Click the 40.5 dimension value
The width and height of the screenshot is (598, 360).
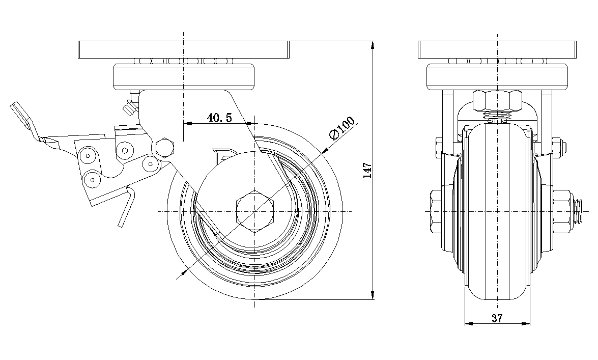[219, 118]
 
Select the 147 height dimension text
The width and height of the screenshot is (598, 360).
[367, 170]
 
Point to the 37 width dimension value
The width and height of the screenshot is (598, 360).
[497, 318]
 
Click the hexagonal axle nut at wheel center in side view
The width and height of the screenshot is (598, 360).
[255, 211]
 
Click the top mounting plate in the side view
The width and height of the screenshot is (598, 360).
[183, 49]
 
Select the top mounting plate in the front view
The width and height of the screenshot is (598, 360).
[497, 49]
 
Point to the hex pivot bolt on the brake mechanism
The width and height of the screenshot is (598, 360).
[164, 148]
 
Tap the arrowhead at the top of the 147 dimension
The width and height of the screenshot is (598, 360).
[374, 45]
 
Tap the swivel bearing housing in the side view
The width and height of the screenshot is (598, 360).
[184, 76]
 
